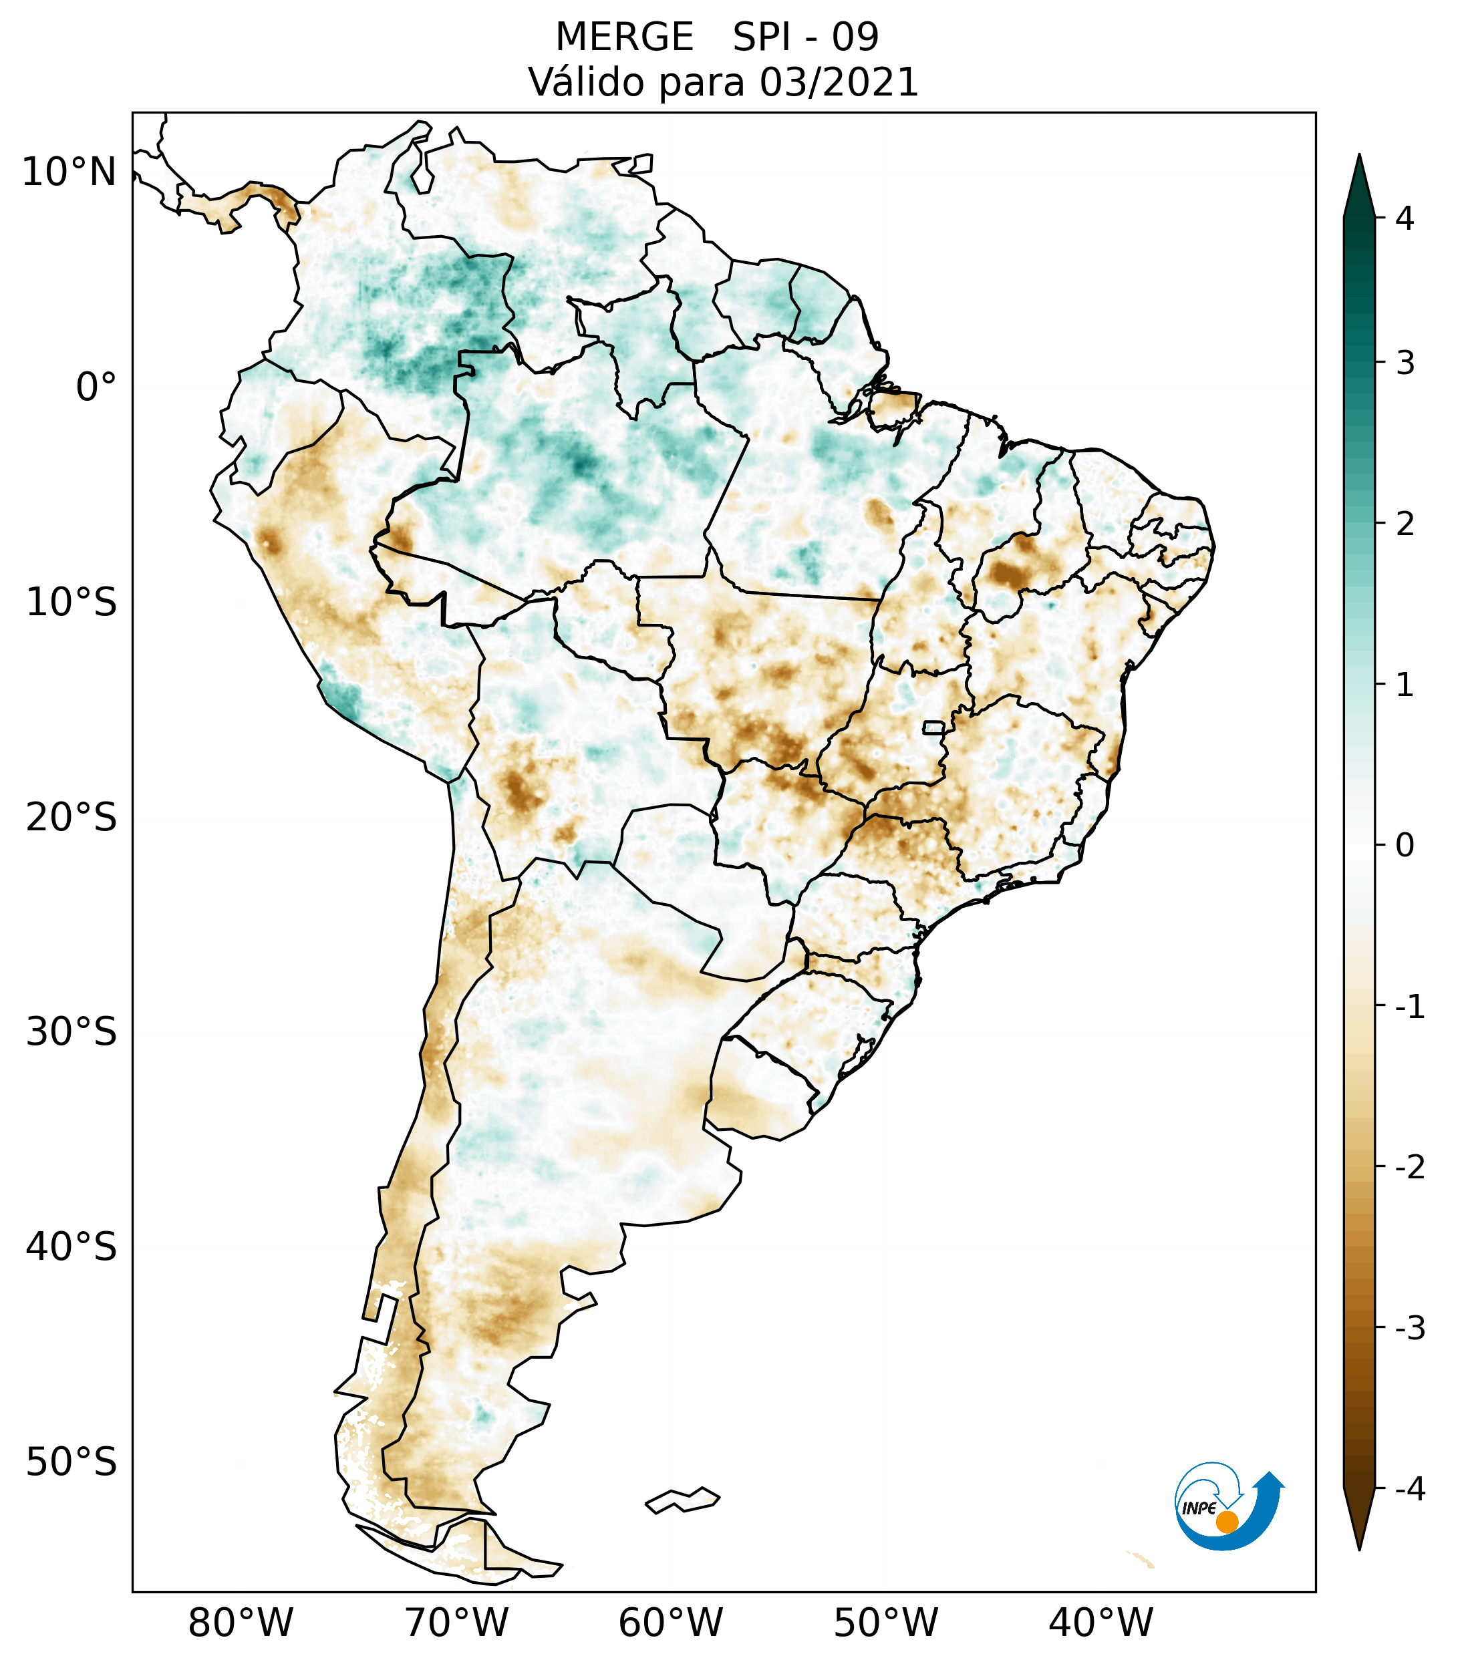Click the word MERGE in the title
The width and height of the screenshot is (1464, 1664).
point(625,37)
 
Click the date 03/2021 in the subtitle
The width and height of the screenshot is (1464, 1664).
point(839,82)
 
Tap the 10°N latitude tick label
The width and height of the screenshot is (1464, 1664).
point(69,172)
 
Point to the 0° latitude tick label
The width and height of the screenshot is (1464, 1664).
point(96,387)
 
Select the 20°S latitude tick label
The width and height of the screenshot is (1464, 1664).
point(71,818)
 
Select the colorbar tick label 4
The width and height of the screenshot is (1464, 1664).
point(1405,218)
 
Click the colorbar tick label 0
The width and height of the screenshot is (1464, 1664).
point(1405,846)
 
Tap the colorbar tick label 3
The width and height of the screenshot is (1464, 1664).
point(1405,363)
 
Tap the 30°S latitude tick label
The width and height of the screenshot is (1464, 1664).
point(71,1032)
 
